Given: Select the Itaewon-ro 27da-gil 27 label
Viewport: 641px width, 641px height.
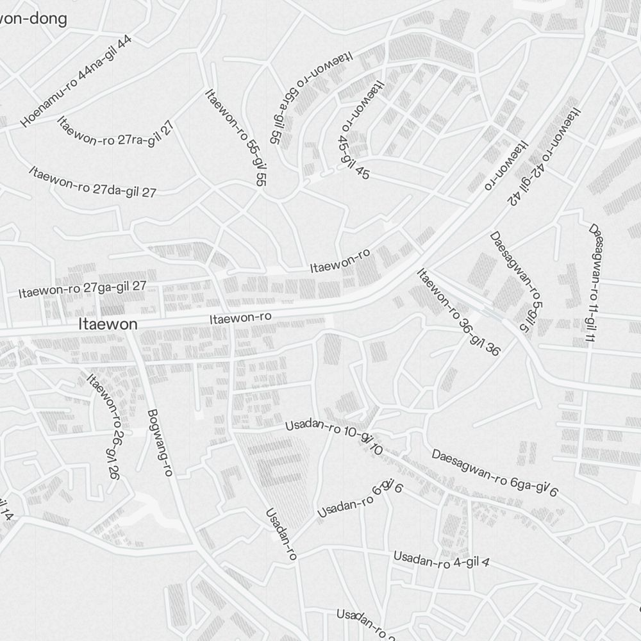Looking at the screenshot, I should (x=92, y=181).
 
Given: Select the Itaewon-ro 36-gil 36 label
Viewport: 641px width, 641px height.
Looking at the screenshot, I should (x=458, y=312).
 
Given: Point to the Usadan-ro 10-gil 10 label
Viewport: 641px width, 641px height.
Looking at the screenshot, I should (x=334, y=435).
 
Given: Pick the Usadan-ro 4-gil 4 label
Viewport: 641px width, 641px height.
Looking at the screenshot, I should (x=442, y=560).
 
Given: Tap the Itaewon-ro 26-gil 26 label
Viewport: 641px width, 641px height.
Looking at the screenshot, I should (x=104, y=426).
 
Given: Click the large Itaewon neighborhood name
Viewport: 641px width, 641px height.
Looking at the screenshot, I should (x=108, y=324).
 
